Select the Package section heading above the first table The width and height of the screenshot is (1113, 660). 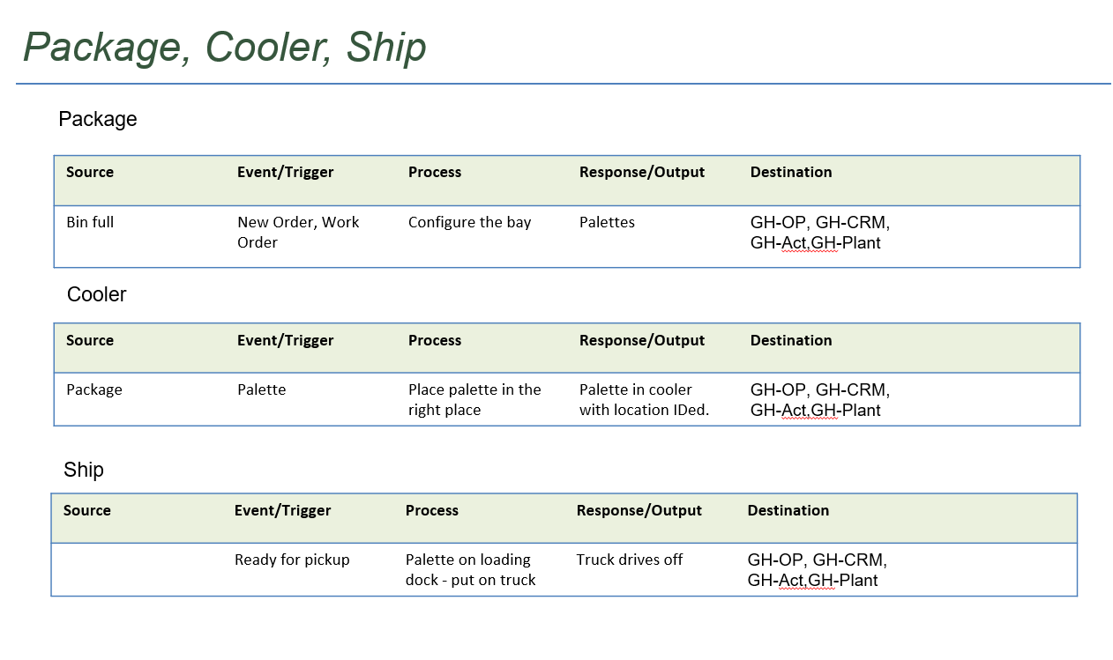point(97,120)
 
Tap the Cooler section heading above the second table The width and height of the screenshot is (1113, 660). point(96,294)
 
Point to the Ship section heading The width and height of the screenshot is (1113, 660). point(84,470)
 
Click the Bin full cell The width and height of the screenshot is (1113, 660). point(90,222)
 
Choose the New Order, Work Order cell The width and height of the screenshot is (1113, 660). point(298,232)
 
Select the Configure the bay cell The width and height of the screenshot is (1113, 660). point(469,222)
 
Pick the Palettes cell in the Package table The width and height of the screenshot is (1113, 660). point(607,222)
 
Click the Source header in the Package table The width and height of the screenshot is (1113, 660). point(90,172)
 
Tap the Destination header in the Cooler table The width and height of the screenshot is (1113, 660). point(791,340)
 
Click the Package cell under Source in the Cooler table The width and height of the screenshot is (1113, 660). point(94,390)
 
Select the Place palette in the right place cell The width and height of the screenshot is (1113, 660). point(474,400)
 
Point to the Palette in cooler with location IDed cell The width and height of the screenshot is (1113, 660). point(644,400)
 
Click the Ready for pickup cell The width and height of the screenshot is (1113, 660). point(292,560)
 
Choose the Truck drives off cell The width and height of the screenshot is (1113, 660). point(630,560)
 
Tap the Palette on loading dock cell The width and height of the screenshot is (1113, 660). point(471,569)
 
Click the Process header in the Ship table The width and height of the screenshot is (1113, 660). point(432,510)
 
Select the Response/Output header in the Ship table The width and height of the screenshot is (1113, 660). point(639,510)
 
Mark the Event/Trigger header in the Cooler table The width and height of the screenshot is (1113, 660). point(285,341)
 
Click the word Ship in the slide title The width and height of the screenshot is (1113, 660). point(386,48)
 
